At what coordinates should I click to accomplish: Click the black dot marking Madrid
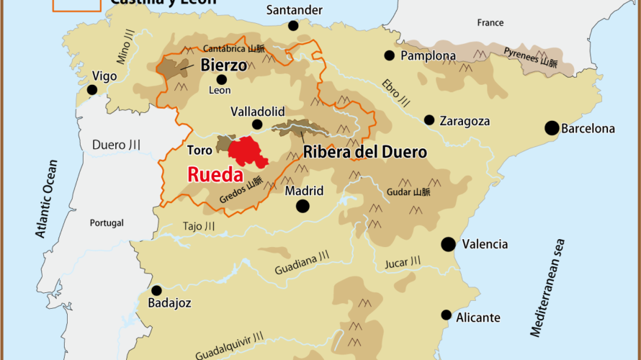tap(302, 206)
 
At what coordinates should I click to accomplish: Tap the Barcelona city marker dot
tap(552, 128)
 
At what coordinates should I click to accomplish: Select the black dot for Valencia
tap(449, 244)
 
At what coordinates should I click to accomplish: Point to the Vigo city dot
tap(92, 90)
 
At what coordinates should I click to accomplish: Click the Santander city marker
tap(293, 26)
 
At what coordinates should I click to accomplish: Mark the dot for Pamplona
tap(390, 55)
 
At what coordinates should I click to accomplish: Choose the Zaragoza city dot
tap(429, 120)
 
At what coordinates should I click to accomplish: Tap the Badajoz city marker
tap(156, 291)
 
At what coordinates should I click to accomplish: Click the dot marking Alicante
tap(447, 315)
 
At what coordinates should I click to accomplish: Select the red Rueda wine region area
tap(246, 152)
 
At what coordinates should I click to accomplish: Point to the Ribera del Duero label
tap(365, 152)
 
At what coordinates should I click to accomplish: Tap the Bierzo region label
tap(224, 65)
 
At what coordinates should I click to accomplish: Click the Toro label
tap(200, 151)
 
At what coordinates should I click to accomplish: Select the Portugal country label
tap(107, 223)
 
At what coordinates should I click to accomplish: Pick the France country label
tap(490, 23)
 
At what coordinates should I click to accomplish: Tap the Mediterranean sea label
tap(547, 288)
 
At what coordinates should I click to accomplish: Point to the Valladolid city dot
tap(257, 125)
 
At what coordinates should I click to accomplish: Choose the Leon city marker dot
tap(221, 79)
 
